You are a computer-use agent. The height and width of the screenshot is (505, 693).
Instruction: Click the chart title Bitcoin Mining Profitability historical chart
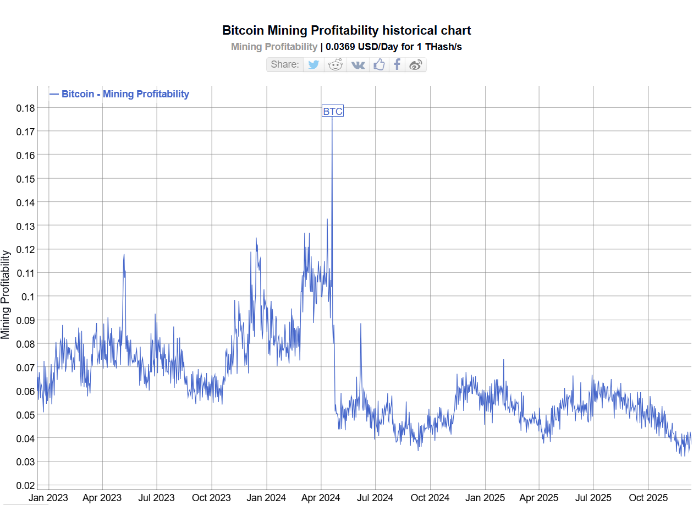pyautogui.click(x=346, y=30)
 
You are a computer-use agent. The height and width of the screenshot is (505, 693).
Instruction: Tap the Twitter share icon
pyautogui.click(x=313, y=64)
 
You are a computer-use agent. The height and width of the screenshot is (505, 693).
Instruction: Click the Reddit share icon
pyautogui.click(x=335, y=64)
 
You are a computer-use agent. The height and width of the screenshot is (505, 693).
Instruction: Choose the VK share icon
pyautogui.click(x=358, y=64)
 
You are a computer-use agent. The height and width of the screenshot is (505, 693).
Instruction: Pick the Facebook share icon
pyautogui.click(x=397, y=64)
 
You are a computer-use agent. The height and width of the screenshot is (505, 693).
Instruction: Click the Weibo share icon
pyautogui.click(x=416, y=64)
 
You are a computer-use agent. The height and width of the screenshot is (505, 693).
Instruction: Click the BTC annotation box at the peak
pyautogui.click(x=332, y=112)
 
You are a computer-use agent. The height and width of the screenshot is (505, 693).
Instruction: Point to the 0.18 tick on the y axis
pyautogui.click(x=25, y=108)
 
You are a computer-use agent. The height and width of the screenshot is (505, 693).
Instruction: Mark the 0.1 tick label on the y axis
pyautogui.click(x=28, y=297)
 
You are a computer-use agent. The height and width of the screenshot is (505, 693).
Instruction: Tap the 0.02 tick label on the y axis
pyautogui.click(x=25, y=485)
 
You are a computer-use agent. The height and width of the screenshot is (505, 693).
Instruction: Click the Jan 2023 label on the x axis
pyautogui.click(x=48, y=498)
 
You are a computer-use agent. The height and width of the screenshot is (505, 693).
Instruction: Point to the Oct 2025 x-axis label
pyautogui.click(x=648, y=498)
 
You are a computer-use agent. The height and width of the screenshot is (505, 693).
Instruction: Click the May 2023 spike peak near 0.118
pyautogui.click(x=124, y=254)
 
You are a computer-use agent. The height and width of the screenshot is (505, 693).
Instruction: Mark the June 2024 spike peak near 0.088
pyautogui.click(x=361, y=323)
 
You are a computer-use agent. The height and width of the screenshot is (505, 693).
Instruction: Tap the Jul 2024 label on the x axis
pyautogui.click(x=375, y=498)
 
